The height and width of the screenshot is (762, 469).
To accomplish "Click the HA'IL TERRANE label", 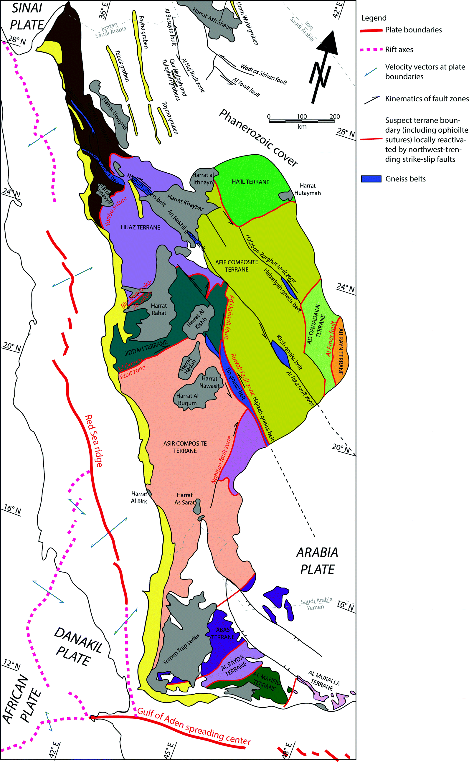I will click(251, 182).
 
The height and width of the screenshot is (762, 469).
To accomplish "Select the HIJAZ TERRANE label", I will click(141, 227).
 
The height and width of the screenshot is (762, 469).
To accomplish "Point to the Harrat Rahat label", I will click(159, 309).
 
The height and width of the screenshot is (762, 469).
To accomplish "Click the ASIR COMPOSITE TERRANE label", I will click(185, 447).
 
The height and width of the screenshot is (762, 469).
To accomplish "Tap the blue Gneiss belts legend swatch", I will click(371, 179).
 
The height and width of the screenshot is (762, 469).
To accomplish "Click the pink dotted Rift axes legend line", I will click(371, 49).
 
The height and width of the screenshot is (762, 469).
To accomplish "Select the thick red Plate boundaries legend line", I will click(371, 30).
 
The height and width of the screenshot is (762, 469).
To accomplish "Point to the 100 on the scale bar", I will click(301, 116).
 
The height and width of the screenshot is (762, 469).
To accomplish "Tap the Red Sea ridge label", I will click(94, 441).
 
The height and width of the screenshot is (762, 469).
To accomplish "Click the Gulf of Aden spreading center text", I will click(194, 726).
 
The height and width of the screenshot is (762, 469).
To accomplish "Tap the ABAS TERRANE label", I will click(223, 633).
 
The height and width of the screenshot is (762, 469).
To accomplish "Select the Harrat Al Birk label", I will click(139, 497).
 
